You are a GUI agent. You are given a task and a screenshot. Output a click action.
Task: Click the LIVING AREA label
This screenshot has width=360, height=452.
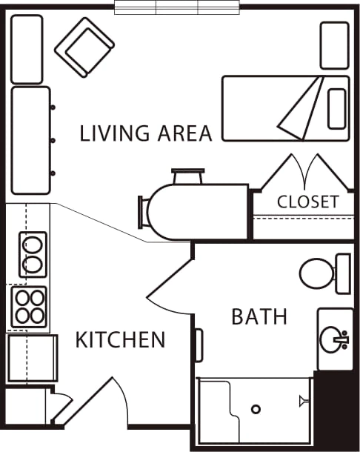click(x=146, y=133)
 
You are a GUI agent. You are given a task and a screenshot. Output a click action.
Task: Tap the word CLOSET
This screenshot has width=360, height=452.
click(x=308, y=202)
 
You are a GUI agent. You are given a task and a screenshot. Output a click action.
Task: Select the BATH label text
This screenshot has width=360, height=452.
click(x=259, y=316)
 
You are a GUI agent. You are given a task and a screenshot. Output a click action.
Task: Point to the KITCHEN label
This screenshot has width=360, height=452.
click(x=120, y=339)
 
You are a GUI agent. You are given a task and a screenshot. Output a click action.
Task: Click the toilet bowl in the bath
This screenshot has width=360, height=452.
click(x=316, y=273)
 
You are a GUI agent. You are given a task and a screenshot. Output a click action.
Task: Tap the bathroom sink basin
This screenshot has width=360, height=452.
click(x=331, y=339)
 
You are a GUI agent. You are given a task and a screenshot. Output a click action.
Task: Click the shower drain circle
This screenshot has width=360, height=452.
click(x=256, y=409)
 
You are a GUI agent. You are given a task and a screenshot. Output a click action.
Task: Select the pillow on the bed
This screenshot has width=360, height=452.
click(x=337, y=109)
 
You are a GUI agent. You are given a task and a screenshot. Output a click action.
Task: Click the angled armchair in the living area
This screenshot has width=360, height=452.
click(x=84, y=47)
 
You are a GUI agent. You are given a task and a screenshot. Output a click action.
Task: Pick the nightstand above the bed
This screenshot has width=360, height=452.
click(x=335, y=45)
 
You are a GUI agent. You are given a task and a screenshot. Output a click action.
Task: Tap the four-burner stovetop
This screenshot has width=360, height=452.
click(x=30, y=307)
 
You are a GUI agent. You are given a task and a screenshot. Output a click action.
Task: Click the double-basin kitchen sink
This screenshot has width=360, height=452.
click(x=33, y=255)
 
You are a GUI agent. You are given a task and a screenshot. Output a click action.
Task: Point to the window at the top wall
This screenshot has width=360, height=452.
click(x=177, y=7)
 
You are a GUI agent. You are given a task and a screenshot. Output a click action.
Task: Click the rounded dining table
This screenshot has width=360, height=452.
click(x=198, y=212)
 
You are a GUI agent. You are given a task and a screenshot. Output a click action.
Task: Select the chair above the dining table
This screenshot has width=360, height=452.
click(x=188, y=176)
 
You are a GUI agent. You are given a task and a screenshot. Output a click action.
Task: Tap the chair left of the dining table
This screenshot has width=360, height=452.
click(x=143, y=212)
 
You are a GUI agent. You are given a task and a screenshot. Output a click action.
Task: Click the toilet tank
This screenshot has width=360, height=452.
click(x=344, y=273)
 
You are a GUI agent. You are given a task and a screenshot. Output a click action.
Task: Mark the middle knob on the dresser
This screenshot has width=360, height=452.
click(x=53, y=140)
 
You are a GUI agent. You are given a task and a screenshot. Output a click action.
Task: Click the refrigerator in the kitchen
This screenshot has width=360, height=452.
click(x=33, y=358)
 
